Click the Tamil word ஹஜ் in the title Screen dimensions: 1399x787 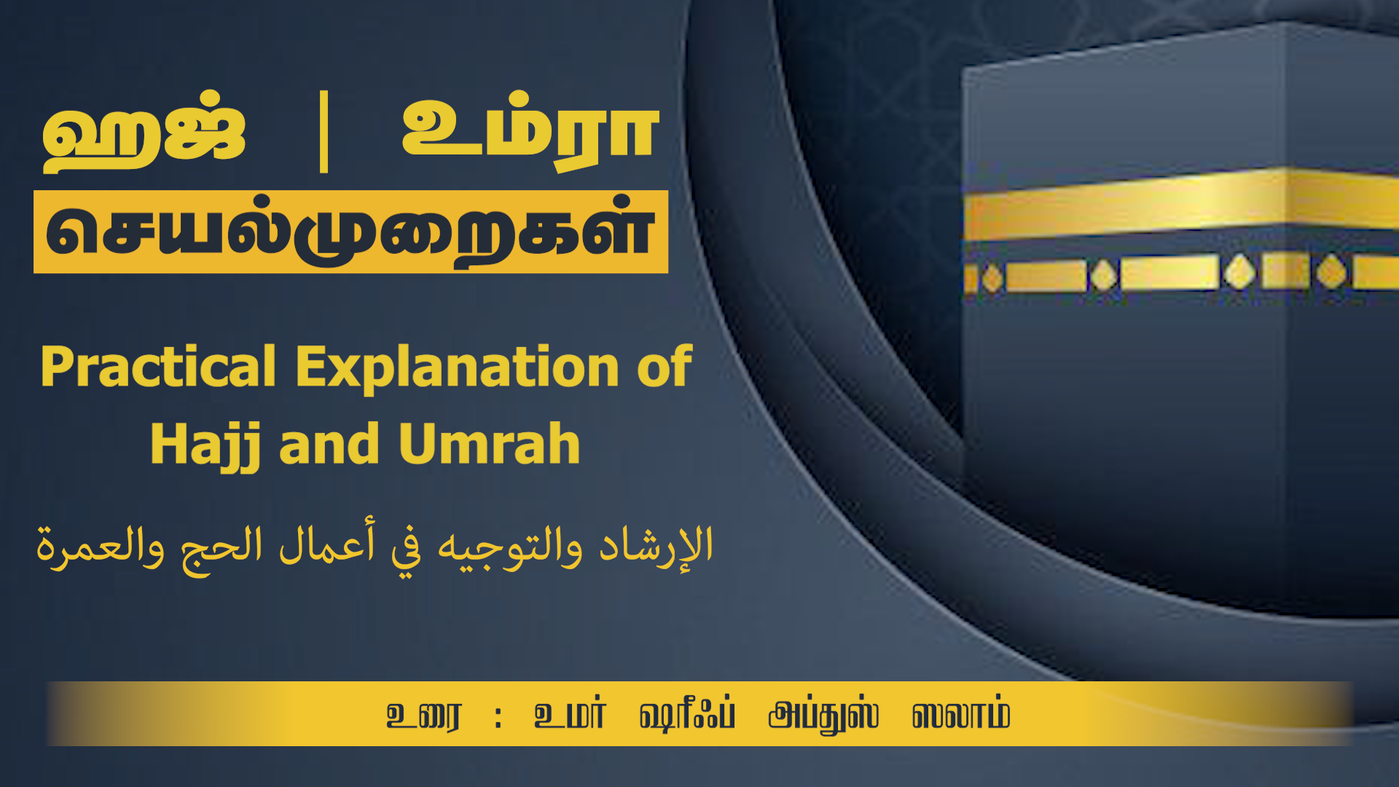coord(144,131)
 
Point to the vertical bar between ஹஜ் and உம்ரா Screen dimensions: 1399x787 coord(324,132)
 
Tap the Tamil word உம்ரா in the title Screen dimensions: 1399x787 coord(530,131)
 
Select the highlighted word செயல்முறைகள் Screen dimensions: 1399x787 coord(350,232)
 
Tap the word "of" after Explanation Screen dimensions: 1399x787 coord(665,366)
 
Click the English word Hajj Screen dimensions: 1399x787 coord(205,445)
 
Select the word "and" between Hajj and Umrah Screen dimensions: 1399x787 coord(329,445)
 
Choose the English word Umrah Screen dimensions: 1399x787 coord(489,444)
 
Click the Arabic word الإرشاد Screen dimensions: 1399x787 coord(656,547)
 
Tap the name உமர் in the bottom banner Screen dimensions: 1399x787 coord(569,714)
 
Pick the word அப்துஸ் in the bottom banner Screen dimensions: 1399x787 coord(823,715)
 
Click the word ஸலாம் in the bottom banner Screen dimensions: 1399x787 coord(961,715)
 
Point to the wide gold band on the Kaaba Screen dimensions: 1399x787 coord(1180,203)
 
